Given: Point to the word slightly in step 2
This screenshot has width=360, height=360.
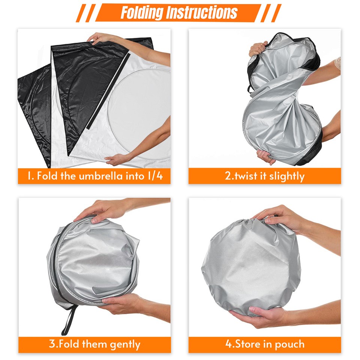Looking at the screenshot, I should (286, 176).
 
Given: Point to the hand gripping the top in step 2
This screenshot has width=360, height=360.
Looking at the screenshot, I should (258, 48).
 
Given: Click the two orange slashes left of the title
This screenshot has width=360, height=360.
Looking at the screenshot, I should (85, 13).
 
